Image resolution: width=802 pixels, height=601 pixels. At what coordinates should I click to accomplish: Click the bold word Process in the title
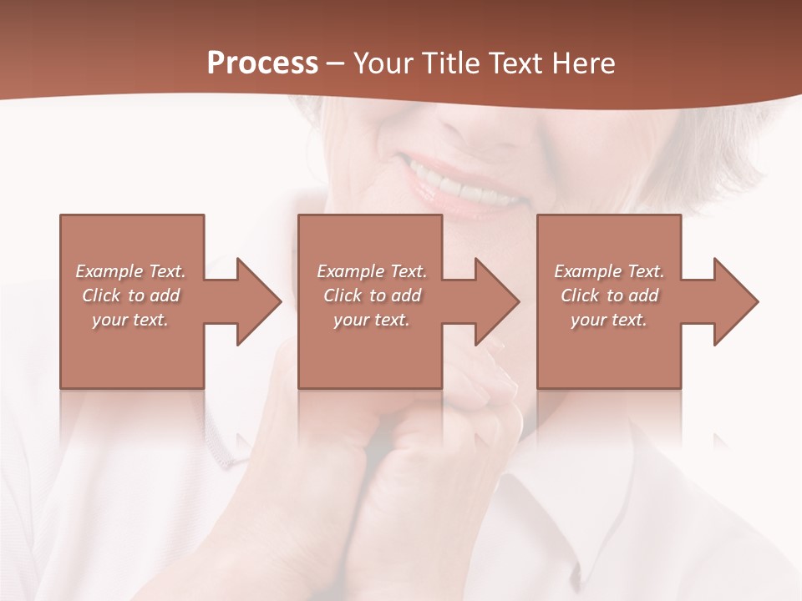point(262,63)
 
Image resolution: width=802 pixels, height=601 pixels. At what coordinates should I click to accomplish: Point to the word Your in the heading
point(384,63)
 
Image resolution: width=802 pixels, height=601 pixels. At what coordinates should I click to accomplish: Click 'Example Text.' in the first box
point(130,271)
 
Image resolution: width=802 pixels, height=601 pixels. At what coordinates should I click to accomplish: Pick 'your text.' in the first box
point(130,320)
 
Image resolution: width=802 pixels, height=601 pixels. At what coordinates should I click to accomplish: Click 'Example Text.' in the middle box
point(372,271)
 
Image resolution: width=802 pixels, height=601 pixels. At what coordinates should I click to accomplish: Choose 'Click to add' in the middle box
point(372,295)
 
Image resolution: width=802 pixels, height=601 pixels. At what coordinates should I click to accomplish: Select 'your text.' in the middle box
point(372,320)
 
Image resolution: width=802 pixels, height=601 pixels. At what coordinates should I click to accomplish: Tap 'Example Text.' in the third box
point(609,271)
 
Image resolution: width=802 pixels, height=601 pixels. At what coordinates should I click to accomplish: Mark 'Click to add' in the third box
point(609,295)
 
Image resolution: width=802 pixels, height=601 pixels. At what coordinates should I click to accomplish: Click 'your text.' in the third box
point(609,320)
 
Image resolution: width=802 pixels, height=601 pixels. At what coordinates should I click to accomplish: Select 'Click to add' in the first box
point(130,295)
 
